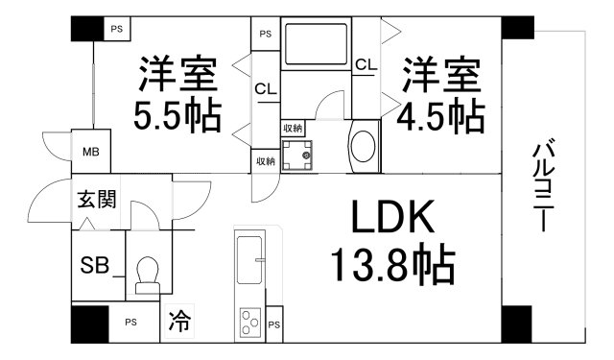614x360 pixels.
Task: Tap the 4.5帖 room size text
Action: [442, 116]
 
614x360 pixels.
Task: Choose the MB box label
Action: [91, 152]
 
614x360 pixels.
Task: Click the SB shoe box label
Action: [94, 266]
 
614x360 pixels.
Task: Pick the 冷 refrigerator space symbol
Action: [178, 321]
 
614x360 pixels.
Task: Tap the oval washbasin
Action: [365, 146]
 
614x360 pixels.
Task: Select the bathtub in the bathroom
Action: [318, 43]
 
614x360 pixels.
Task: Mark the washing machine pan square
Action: [303, 154]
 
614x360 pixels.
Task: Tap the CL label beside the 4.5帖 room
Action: [366, 64]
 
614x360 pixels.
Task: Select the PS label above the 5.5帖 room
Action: [117, 30]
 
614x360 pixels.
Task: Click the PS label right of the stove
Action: [274, 325]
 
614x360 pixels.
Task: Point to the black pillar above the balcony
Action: [518, 28]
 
